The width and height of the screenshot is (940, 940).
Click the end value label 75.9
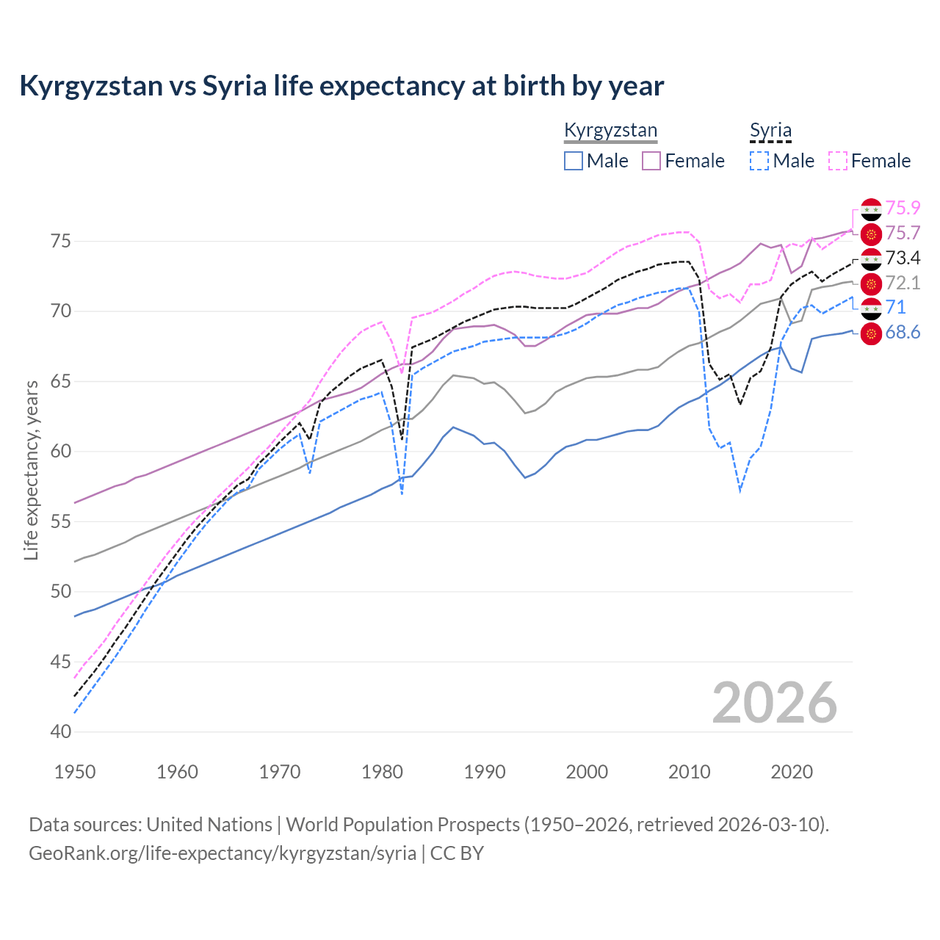coord(903,209)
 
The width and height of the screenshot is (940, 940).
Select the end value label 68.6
coord(903,333)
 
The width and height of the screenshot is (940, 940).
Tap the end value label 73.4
coord(903,258)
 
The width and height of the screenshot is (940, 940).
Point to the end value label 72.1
coord(903,283)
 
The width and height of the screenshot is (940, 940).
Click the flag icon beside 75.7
coord(871,234)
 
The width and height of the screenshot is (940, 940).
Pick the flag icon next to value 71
coord(871,308)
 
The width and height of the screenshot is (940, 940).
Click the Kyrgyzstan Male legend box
coord(574,161)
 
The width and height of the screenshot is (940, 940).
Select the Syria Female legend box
coord(838,161)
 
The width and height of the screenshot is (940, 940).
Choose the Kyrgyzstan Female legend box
coord(651,161)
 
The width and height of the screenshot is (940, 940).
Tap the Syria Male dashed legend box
coord(759,161)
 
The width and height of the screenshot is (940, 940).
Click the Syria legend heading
coord(770,131)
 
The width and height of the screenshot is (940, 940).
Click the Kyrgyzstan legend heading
coord(610,131)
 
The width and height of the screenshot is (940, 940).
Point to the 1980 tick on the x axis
coord(382,772)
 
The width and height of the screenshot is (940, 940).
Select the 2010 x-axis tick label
coord(689,772)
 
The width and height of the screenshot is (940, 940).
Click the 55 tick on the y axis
coord(61,522)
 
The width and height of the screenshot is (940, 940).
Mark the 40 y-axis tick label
coord(61,732)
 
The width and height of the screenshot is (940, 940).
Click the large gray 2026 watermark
coord(774,703)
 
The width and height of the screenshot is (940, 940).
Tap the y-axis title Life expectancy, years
coord(31,470)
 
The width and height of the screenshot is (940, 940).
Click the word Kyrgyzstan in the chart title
coord(90,86)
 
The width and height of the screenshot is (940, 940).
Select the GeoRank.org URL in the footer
coord(223,853)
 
